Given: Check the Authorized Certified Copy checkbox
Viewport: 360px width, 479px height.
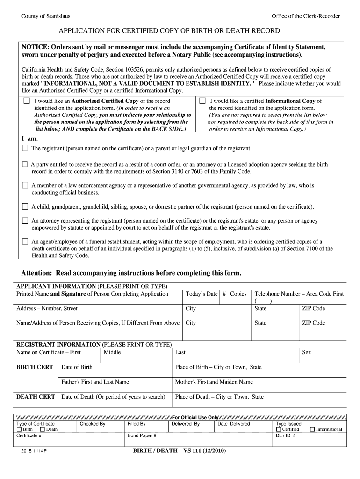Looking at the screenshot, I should tap(27, 101).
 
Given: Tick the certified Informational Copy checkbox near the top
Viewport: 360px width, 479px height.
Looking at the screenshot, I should tap(202, 101).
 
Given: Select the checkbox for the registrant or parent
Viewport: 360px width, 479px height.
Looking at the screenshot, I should tap(25, 148).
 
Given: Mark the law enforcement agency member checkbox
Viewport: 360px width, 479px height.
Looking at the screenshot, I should tap(25, 185).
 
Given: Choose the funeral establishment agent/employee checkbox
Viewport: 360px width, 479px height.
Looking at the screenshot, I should tap(25, 241).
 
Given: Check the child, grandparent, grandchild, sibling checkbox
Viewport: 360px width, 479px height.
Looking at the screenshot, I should tap(25, 206).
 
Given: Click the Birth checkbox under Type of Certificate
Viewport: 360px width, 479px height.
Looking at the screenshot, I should tap(19, 429).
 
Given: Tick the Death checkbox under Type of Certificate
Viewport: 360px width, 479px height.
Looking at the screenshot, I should tap(43, 429).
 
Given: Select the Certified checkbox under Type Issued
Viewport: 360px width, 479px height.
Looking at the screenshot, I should tap(279, 429).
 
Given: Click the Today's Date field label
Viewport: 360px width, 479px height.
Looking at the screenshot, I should tap(202, 294).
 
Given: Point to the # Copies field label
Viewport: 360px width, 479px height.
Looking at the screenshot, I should tap(235, 294).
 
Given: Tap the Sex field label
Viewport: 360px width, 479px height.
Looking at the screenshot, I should tap(307, 352).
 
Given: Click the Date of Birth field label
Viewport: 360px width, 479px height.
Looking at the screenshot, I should tap(77, 367).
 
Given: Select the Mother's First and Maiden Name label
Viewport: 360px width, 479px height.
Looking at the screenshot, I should tap(214, 382).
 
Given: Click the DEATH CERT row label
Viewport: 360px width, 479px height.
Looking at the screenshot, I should tap(36, 397).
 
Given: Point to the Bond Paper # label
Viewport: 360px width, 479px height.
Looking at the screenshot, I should tap(142, 435).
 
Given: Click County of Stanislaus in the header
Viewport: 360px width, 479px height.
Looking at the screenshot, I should tap(46, 16).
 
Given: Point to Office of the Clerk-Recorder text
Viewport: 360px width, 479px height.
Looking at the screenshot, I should tap(305, 16).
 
